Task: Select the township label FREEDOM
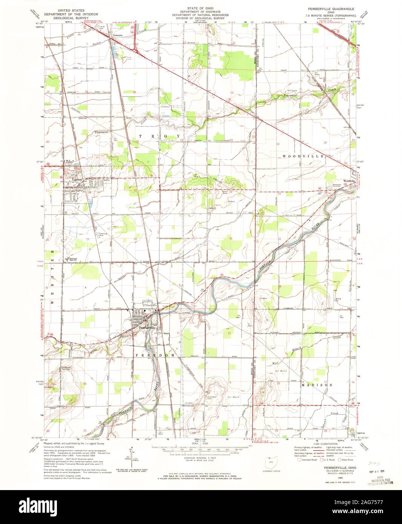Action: (x=155, y=355)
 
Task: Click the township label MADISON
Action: (x=317, y=385)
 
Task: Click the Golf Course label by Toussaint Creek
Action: (x=304, y=91)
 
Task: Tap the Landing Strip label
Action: (x=333, y=300)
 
